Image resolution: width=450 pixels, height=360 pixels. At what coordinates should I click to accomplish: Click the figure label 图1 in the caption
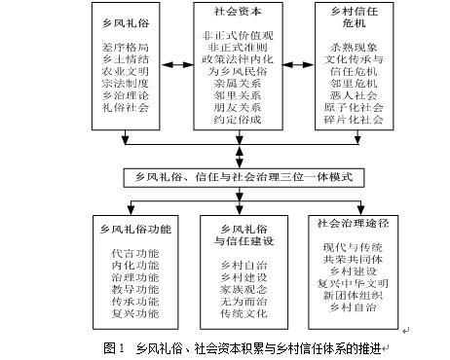click(x=113, y=347)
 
